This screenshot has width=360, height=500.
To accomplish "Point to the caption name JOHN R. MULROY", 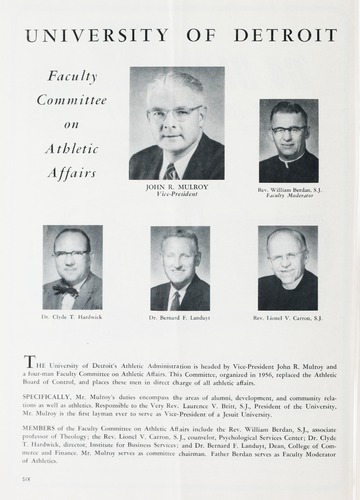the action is click(176, 186).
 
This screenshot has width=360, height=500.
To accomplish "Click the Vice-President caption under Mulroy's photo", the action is click(176, 194).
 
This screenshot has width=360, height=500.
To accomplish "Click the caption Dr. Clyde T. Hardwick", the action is click(72, 317).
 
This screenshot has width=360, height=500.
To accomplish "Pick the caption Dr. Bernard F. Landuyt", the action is click(180, 317).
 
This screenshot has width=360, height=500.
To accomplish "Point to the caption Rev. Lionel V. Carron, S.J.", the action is click(288, 317).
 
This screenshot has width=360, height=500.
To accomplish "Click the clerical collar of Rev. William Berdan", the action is click(288, 155).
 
